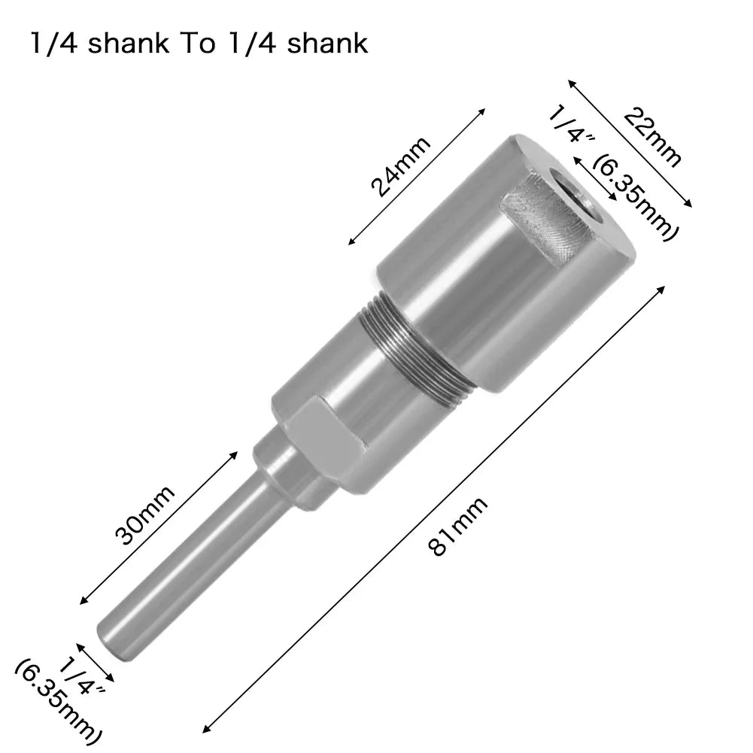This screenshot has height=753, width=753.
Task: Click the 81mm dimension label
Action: (457, 526)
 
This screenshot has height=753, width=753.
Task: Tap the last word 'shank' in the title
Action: (324, 43)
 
